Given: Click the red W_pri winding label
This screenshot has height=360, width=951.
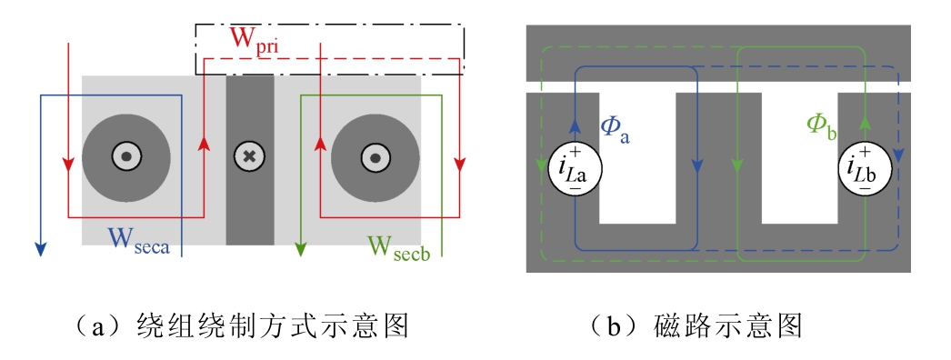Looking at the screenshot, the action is [x=255, y=41].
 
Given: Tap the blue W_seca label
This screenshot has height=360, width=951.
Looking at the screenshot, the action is [x=139, y=239].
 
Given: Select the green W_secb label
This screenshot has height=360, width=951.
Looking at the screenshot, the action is [x=399, y=248].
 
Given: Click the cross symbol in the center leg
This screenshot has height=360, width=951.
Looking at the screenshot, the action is [x=249, y=156].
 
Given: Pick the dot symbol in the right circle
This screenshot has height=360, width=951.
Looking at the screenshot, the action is [x=375, y=157].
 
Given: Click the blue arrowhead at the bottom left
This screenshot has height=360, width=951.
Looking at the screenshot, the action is [x=40, y=248].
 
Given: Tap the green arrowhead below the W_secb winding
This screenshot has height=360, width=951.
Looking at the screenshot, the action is [x=301, y=248].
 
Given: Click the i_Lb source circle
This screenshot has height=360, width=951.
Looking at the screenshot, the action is [x=865, y=169].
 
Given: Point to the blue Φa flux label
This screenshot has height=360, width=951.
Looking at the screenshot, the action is [x=615, y=128].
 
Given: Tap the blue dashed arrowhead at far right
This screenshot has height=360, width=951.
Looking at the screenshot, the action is [x=898, y=155].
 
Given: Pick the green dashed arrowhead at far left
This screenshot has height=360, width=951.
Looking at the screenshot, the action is [x=542, y=165].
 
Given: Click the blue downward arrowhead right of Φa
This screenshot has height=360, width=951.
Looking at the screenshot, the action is [x=698, y=165].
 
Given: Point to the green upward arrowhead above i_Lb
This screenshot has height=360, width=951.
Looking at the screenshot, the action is [x=865, y=124].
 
